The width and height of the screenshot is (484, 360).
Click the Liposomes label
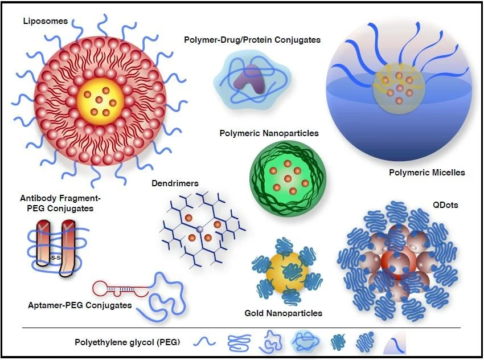click(x=46, y=21)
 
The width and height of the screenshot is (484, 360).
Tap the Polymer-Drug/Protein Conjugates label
click(x=252, y=40)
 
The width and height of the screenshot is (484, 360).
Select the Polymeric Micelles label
click(x=427, y=172)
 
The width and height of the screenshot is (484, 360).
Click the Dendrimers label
click(x=175, y=183)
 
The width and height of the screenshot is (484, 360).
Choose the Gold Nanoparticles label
click(x=284, y=313)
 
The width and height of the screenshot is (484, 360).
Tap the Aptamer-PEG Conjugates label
click(x=80, y=305)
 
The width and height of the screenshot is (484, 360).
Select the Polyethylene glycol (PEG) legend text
click(x=127, y=342)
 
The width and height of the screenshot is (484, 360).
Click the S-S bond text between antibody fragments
click(x=55, y=258)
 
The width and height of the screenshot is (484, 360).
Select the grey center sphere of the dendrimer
click(x=199, y=229)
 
